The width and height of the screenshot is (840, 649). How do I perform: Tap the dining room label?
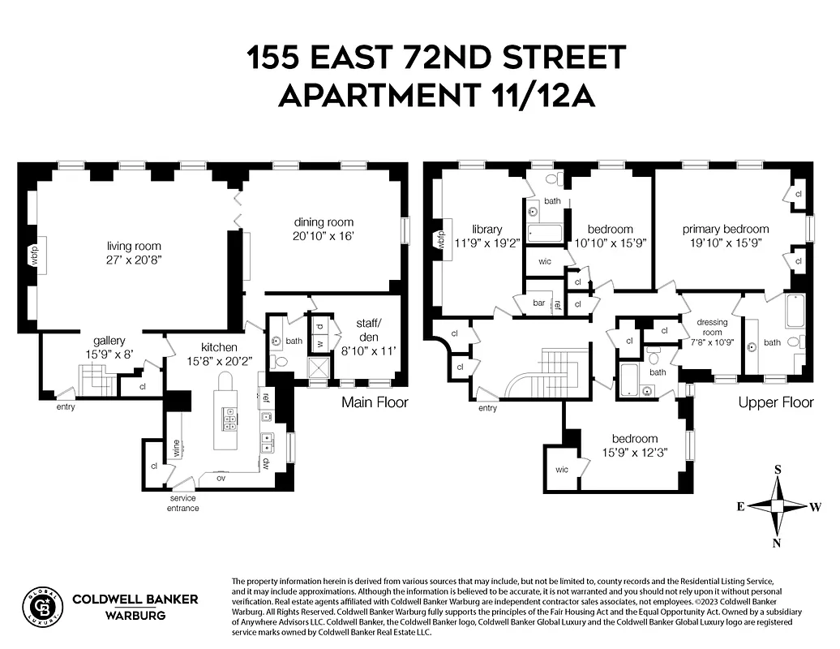[x=324, y=222]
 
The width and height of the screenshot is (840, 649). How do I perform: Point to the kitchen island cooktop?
[x=231, y=419]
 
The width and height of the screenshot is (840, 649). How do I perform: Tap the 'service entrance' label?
[x=184, y=503]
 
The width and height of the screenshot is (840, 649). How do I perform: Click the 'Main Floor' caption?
[x=375, y=402]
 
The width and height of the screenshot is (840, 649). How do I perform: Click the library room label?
[x=487, y=229]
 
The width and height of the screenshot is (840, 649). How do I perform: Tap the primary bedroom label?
[x=725, y=229]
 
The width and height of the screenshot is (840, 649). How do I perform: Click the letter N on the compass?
[x=777, y=544]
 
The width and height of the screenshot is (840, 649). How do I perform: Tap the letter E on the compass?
[x=740, y=506]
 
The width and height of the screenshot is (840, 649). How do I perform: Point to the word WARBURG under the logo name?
[x=135, y=616]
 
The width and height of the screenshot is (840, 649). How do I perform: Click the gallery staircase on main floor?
[x=94, y=379]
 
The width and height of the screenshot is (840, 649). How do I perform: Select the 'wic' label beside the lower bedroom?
[x=562, y=470]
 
